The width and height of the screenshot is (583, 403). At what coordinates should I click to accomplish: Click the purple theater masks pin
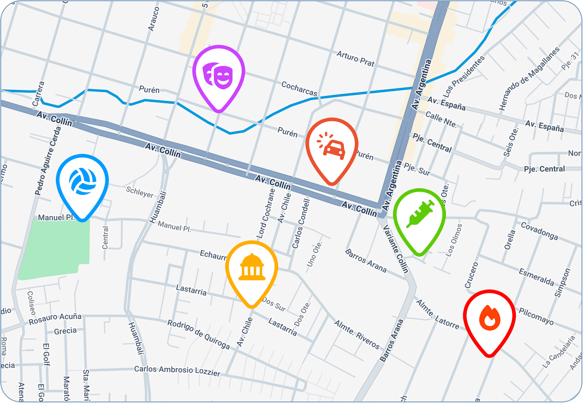(219, 74)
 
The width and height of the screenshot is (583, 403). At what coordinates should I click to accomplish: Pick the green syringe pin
(419, 217)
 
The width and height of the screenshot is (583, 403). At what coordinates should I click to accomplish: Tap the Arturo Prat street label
(355, 59)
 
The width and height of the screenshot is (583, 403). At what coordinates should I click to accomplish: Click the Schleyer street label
(139, 192)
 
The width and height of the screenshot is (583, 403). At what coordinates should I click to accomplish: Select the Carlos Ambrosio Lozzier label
(177, 371)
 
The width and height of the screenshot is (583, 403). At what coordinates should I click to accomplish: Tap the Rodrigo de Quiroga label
(199, 334)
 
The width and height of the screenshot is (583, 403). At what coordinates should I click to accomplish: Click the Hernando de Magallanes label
(529, 79)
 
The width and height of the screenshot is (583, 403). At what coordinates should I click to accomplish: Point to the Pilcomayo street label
(536, 316)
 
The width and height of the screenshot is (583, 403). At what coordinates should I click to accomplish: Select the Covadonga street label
(540, 231)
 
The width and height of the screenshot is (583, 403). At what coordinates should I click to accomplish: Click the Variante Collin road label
(396, 249)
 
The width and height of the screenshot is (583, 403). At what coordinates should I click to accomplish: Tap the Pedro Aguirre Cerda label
(48, 161)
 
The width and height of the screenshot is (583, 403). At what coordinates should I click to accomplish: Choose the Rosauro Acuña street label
(55, 319)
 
